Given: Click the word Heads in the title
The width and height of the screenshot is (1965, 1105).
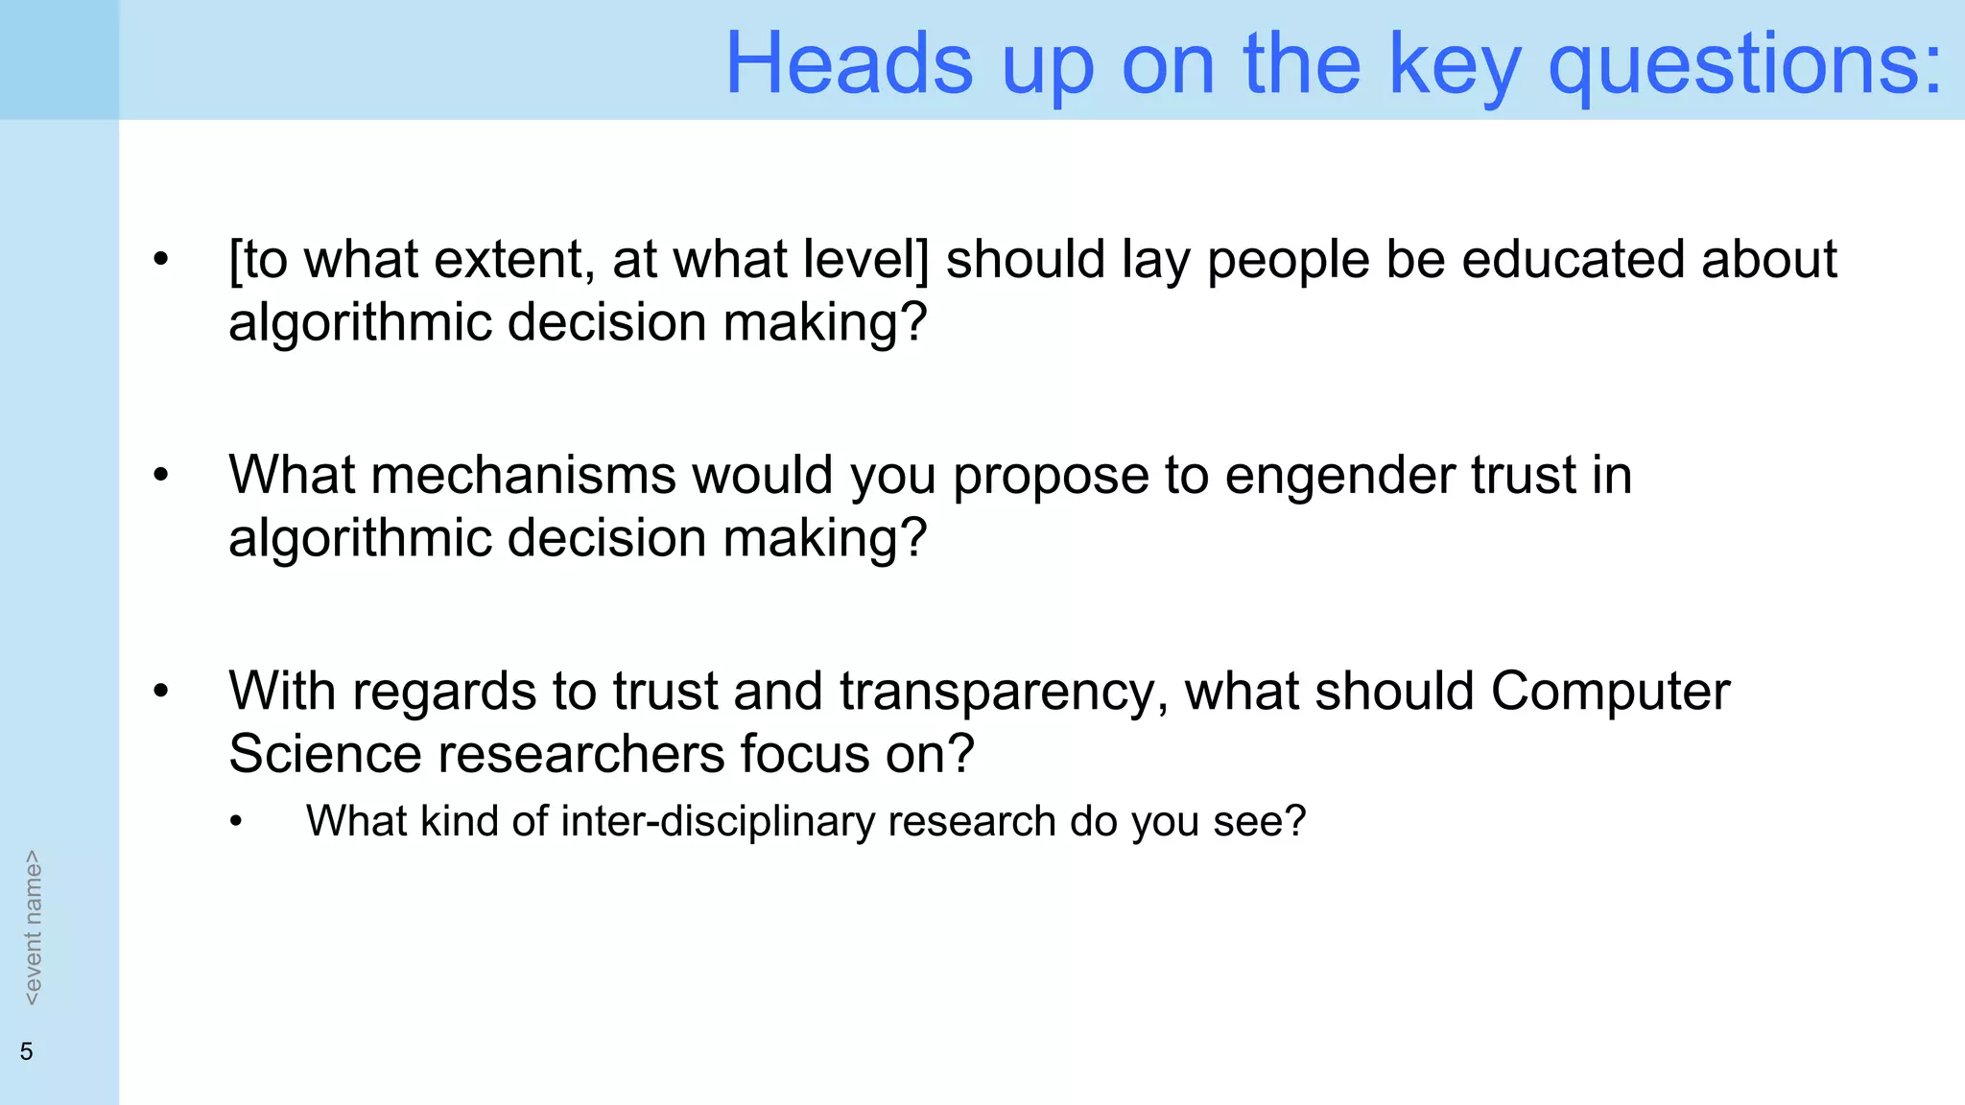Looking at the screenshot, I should click(x=849, y=63).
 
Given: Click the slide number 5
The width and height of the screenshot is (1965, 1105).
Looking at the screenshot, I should click(x=27, y=1051).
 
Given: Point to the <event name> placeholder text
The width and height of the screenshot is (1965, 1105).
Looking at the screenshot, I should click(x=33, y=928).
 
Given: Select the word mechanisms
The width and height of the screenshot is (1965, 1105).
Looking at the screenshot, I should click(x=523, y=475).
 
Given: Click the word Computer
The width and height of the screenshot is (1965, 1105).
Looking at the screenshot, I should click(x=1610, y=693).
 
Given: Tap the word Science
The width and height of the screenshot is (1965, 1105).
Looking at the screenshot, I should click(x=325, y=753).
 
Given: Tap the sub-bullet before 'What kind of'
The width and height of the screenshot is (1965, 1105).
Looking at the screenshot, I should click(x=237, y=821).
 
